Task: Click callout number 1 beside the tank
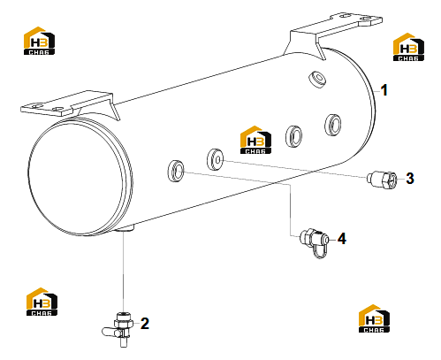(x=384, y=90)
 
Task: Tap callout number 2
(x=145, y=324)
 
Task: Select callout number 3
(x=410, y=179)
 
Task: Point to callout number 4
(x=342, y=239)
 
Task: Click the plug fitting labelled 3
(x=382, y=179)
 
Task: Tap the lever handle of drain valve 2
(x=110, y=333)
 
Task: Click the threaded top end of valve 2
(x=124, y=315)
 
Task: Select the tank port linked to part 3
(x=216, y=159)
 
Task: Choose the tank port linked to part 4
(x=176, y=171)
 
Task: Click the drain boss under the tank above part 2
(x=125, y=227)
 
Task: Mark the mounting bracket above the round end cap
(x=71, y=106)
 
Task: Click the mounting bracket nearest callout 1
(x=333, y=33)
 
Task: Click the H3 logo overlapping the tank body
(x=255, y=140)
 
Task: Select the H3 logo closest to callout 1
(x=408, y=47)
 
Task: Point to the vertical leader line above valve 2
(x=124, y=272)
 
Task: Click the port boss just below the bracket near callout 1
(x=317, y=79)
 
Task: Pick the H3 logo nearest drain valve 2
(x=42, y=302)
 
